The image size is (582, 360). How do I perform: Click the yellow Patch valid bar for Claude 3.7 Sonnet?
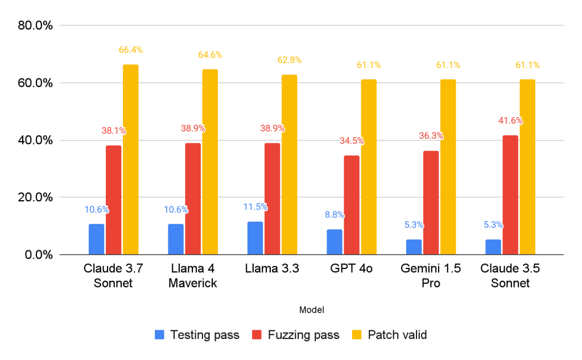(x=130, y=160)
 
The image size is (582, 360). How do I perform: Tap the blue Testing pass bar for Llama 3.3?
(x=255, y=238)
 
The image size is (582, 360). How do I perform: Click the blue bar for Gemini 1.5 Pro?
(x=414, y=247)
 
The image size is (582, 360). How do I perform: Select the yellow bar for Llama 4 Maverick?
(x=209, y=162)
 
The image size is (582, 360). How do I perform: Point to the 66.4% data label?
(x=130, y=50)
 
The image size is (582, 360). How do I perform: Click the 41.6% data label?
(x=510, y=121)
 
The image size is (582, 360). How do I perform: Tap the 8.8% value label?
(x=335, y=215)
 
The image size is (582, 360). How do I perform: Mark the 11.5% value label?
(x=255, y=207)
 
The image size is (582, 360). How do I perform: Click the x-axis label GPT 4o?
(x=351, y=269)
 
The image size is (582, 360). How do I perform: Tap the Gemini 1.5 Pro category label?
(x=431, y=276)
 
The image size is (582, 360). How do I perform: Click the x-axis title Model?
(x=311, y=310)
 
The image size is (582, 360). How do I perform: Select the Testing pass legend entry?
(x=197, y=335)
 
